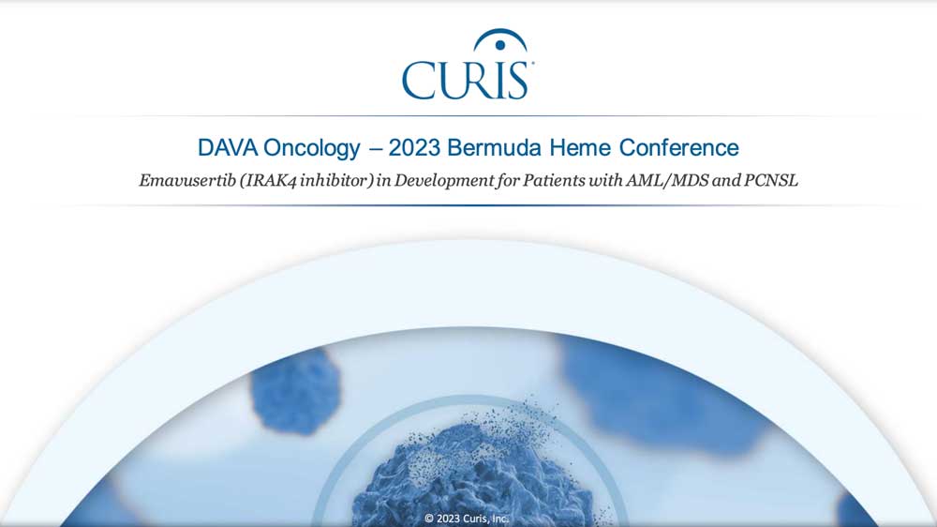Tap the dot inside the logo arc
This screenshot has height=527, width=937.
(500, 45)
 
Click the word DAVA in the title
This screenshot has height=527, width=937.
(227, 148)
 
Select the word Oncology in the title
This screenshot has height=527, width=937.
(312, 148)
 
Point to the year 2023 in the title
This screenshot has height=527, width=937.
(414, 148)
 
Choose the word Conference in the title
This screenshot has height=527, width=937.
(678, 148)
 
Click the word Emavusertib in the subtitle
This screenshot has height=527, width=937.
(187, 180)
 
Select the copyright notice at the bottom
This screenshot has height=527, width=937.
(466, 519)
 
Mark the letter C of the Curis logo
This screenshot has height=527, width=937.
(420, 80)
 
